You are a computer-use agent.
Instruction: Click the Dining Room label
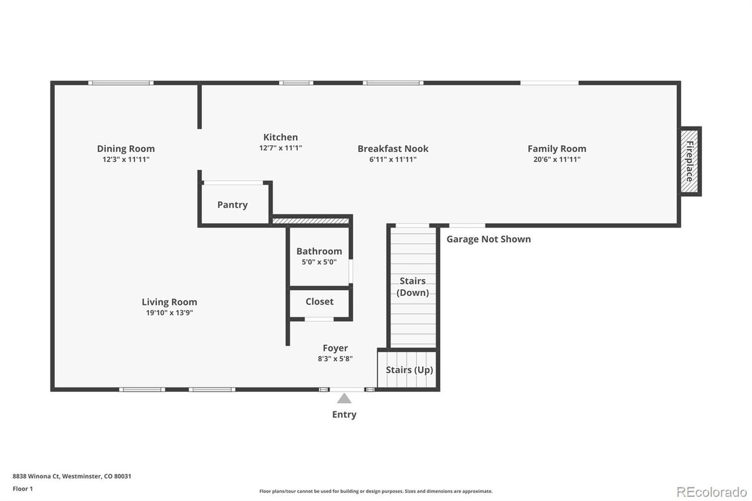[x=126, y=149]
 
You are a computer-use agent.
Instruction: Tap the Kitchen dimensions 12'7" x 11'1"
[x=280, y=148]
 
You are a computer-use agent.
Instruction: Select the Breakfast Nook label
[x=393, y=149]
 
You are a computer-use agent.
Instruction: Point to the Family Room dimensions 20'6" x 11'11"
[x=557, y=159]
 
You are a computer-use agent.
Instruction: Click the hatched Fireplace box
[x=690, y=161]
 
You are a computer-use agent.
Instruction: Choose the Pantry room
[x=235, y=204]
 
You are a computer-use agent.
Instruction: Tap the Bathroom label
[x=319, y=251]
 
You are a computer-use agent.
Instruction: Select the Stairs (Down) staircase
[x=413, y=287]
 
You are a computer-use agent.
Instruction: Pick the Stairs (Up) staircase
[x=407, y=370]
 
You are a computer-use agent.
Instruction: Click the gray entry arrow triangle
[x=344, y=399]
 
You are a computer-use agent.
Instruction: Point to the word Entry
[x=344, y=414]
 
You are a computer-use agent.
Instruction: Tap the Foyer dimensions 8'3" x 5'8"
[x=335, y=359]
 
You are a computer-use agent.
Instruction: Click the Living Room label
[x=169, y=302]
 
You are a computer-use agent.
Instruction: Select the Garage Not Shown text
[x=488, y=239]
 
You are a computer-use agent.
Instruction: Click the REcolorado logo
[x=712, y=492]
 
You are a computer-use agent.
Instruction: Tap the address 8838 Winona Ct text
[x=36, y=476]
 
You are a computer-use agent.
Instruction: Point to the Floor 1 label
[x=23, y=489]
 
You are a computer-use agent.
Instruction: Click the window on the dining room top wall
[x=121, y=83]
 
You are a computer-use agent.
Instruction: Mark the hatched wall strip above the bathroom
[x=310, y=221]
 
